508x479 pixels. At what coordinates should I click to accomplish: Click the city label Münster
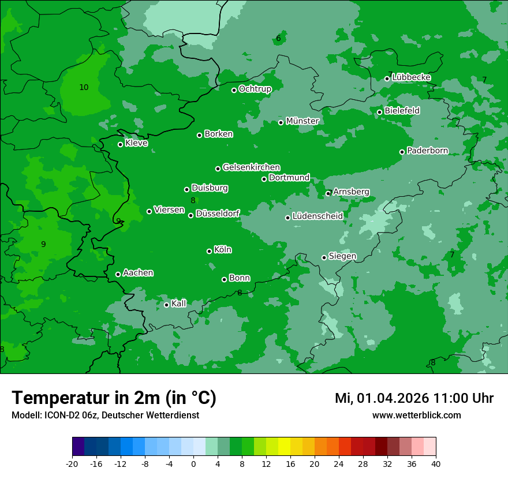302,121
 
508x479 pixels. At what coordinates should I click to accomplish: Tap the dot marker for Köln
209,251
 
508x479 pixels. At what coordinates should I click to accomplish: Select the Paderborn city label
427,151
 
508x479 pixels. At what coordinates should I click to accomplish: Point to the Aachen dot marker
118,274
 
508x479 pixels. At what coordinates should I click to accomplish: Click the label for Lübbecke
411,77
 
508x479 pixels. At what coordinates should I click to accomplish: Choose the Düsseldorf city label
218,214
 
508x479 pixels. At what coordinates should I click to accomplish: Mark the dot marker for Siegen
324,257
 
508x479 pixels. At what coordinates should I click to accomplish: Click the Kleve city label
136,143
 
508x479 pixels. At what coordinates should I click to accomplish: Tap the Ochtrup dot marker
234,90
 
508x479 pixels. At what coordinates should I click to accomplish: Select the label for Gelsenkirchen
251,167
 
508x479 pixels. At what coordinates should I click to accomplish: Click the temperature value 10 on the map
84,87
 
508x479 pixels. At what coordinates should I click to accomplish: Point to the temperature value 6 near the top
278,39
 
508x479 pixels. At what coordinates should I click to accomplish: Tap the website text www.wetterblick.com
416,415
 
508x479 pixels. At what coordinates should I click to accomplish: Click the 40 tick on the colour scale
435,463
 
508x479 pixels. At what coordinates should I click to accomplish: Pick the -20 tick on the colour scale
72,463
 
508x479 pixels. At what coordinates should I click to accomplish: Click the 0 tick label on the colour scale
193,463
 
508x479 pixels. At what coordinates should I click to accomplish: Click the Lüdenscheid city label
317,216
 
